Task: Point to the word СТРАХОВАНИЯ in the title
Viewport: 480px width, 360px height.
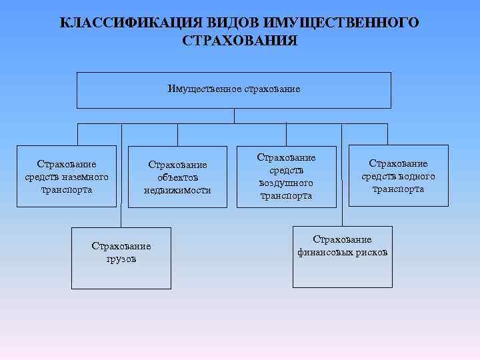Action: [239, 41]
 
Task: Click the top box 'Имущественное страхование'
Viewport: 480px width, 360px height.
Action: [234, 90]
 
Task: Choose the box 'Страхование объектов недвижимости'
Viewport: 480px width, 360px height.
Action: [177, 177]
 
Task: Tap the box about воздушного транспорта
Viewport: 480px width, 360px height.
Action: [287, 177]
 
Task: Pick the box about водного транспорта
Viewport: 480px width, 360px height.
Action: [398, 175]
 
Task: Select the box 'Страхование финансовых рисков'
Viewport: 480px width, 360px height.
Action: [342, 257]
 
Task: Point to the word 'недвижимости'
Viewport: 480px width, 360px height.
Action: [177, 190]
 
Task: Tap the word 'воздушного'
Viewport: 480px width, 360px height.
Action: [287, 183]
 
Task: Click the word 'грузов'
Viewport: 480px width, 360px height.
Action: [121, 259]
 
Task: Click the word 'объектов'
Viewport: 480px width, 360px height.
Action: [177, 177]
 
